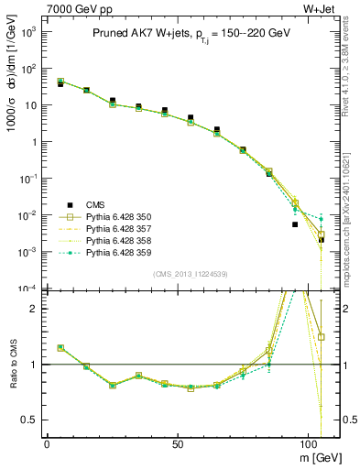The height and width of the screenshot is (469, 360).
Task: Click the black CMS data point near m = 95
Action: click(x=295, y=224)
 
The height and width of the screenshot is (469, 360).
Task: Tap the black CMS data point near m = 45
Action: click(x=165, y=110)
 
